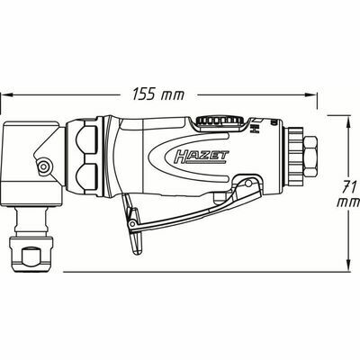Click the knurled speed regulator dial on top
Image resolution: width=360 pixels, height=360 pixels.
216,120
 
